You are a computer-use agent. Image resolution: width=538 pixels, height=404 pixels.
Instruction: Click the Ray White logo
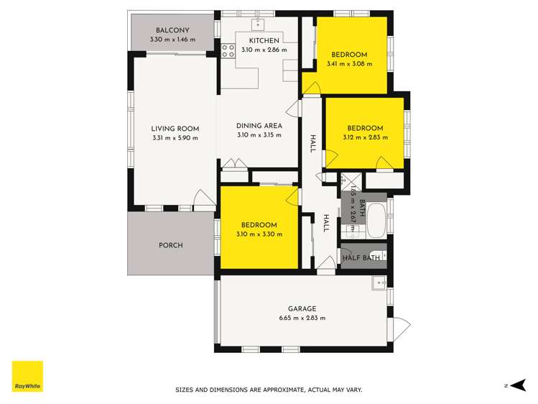(27, 377)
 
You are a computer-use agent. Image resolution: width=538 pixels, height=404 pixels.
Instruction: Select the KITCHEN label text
(264, 40)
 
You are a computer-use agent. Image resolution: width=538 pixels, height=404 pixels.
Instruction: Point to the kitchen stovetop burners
(229, 50)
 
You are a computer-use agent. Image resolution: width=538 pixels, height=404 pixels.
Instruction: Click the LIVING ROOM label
(175, 129)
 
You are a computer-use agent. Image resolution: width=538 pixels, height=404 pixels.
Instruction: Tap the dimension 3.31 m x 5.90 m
(175, 138)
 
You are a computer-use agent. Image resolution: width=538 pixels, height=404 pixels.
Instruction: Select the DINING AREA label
(259, 126)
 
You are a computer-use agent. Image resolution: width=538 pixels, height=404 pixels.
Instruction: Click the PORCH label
(170, 245)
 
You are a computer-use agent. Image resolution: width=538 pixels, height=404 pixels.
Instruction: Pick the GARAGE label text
(302, 309)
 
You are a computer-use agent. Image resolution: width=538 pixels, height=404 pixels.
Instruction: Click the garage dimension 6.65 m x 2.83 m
(302, 318)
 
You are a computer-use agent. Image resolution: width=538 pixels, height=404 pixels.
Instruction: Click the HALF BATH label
(361, 258)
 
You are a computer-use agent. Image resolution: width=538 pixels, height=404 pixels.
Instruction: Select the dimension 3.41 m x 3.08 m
(349, 64)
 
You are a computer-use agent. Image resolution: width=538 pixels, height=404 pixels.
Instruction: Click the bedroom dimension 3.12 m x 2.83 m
(364, 137)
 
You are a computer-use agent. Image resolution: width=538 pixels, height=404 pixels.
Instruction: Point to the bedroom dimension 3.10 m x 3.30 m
(259, 234)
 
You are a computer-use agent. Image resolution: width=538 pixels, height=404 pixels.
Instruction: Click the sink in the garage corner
(378, 283)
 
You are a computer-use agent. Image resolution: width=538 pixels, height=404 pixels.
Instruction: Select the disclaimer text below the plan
(269, 390)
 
